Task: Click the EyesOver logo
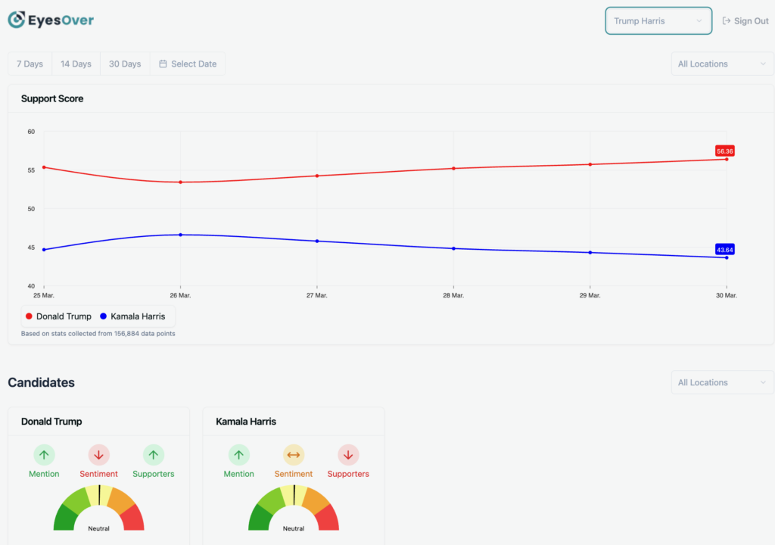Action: (51, 20)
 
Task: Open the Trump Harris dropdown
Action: (658, 21)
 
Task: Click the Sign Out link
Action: (745, 21)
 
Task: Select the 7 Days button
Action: (30, 64)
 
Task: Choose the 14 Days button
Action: (76, 64)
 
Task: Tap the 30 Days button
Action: (125, 64)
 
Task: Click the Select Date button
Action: (188, 64)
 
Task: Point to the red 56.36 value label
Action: (724, 151)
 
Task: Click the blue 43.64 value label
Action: (724, 249)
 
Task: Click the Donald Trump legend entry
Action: (58, 316)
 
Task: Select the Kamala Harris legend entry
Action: (132, 316)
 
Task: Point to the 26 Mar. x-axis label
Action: (180, 295)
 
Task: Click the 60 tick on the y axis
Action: (31, 132)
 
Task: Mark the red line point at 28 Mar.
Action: (453, 168)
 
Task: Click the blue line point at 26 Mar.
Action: (180, 235)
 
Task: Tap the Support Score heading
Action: (52, 98)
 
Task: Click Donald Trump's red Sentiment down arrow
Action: (98, 455)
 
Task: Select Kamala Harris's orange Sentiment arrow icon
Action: (294, 455)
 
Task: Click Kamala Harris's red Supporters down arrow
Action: (348, 455)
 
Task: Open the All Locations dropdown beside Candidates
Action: (722, 382)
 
